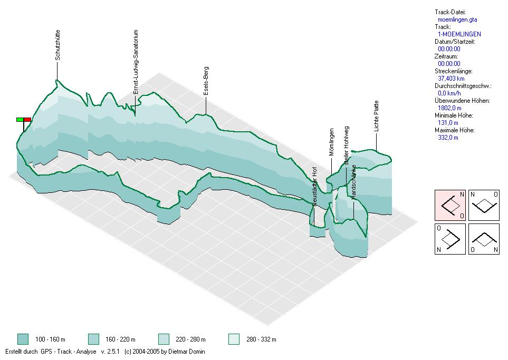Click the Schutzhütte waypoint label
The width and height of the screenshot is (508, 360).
tap(57, 45)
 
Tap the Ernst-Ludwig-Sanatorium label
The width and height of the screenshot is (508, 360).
tap(136, 62)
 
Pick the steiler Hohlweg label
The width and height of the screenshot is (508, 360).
tap(347, 147)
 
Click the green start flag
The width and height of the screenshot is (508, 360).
tap(20, 120)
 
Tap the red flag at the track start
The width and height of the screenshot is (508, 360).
tap(27, 120)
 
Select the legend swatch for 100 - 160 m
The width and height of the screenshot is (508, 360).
tap(23, 339)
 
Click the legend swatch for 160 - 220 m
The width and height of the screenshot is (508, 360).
tap(93, 339)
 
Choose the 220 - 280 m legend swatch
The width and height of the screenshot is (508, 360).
tap(164, 339)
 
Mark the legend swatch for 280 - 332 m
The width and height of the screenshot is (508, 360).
tap(234, 339)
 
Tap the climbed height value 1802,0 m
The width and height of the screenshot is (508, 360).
tap(449, 108)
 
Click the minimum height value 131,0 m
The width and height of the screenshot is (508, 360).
tap(448, 122)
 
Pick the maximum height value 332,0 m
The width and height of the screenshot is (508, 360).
tap(448, 137)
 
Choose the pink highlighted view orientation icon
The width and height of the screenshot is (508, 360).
tap(449, 205)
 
